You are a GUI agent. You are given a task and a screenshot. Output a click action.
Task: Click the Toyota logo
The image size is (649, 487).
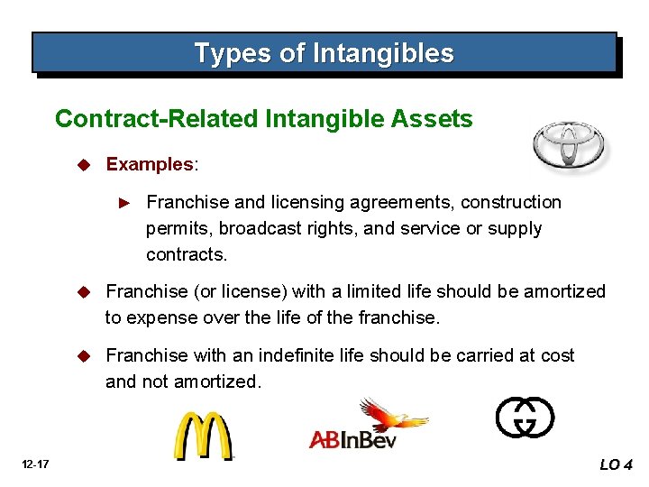[x=568, y=144]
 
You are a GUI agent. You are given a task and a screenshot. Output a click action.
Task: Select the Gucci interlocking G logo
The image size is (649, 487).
[x=525, y=418]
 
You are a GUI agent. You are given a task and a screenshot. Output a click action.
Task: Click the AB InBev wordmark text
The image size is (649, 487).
[x=352, y=439]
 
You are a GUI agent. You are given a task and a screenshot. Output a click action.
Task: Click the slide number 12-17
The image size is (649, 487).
[x=37, y=464]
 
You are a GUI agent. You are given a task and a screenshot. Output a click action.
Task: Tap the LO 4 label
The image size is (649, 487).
[x=617, y=464]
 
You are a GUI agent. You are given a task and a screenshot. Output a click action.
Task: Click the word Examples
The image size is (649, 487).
[x=150, y=164]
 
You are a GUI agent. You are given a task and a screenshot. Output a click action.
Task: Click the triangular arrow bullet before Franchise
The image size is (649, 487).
[x=126, y=203]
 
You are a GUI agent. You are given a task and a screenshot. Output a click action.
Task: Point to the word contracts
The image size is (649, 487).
[x=187, y=254]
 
